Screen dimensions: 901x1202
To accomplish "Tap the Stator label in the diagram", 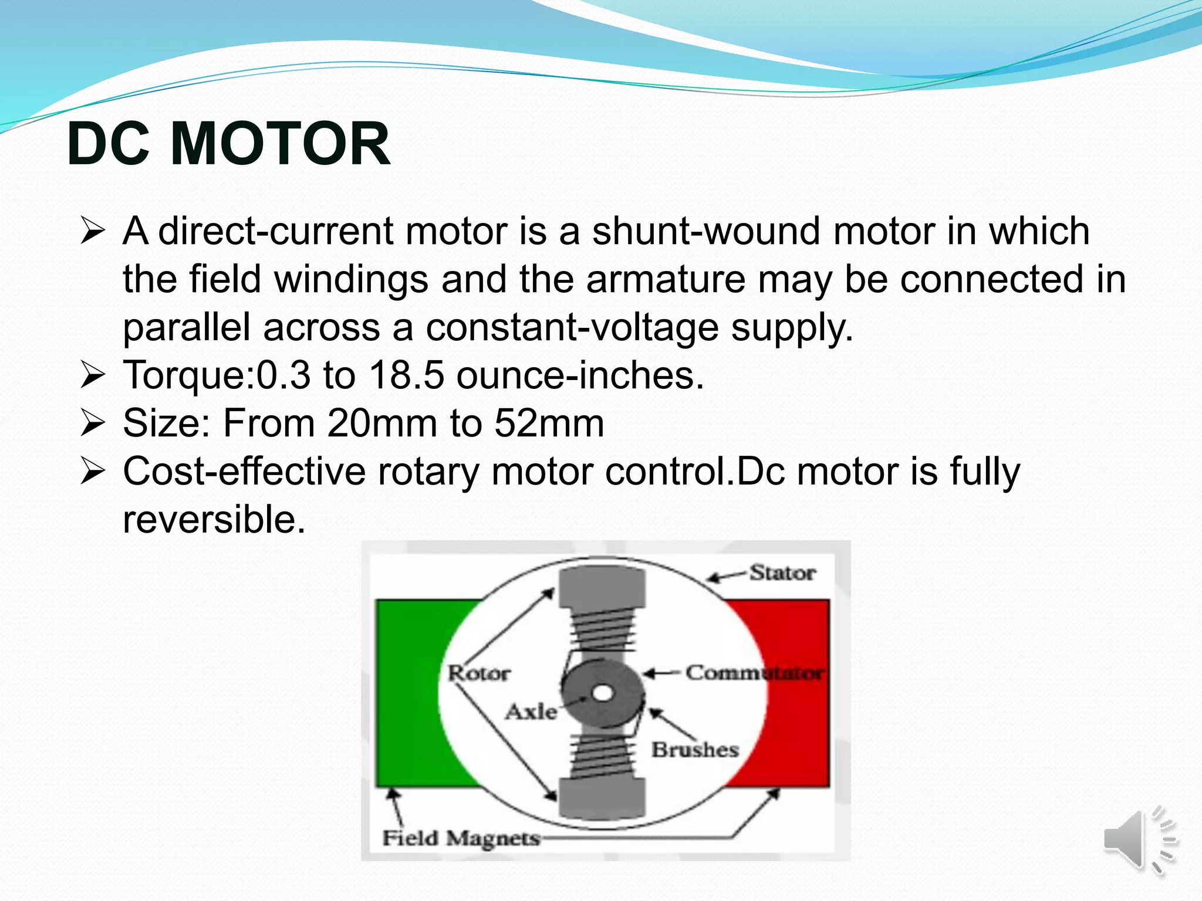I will point(782,573).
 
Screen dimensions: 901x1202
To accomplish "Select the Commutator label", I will point(754,673).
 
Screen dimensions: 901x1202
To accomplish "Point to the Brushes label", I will point(695,750).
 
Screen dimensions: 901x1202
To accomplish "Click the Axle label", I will point(531,712).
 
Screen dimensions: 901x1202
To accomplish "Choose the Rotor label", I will point(479,673).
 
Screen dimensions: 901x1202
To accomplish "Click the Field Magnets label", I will point(461,838).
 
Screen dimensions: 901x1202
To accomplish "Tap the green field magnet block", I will point(411,692).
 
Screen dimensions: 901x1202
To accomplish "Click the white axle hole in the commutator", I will point(602,693).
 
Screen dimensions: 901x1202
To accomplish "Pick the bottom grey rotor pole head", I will point(602,798).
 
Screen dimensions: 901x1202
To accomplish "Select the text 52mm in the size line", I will point(549,423).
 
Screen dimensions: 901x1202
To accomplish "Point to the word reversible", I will point(214,519).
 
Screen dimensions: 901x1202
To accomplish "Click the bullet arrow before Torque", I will point(93,375).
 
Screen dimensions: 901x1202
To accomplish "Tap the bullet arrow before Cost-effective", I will point(93,472).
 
